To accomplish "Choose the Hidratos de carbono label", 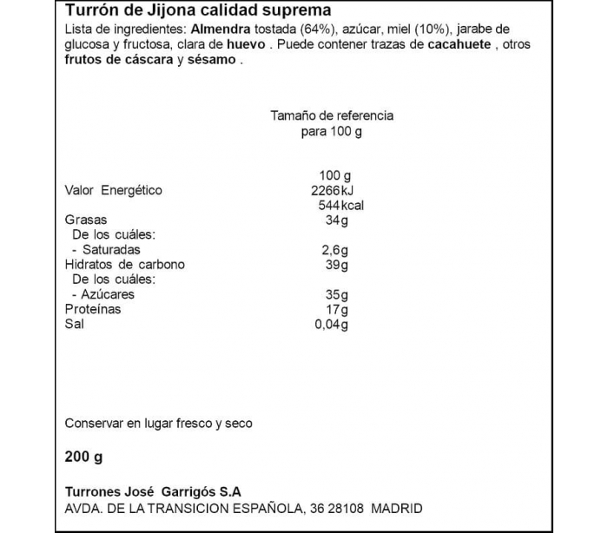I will (x=125, y=265).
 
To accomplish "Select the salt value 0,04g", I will (x=331, y=324).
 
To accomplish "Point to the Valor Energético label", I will (x=114, y=191).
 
